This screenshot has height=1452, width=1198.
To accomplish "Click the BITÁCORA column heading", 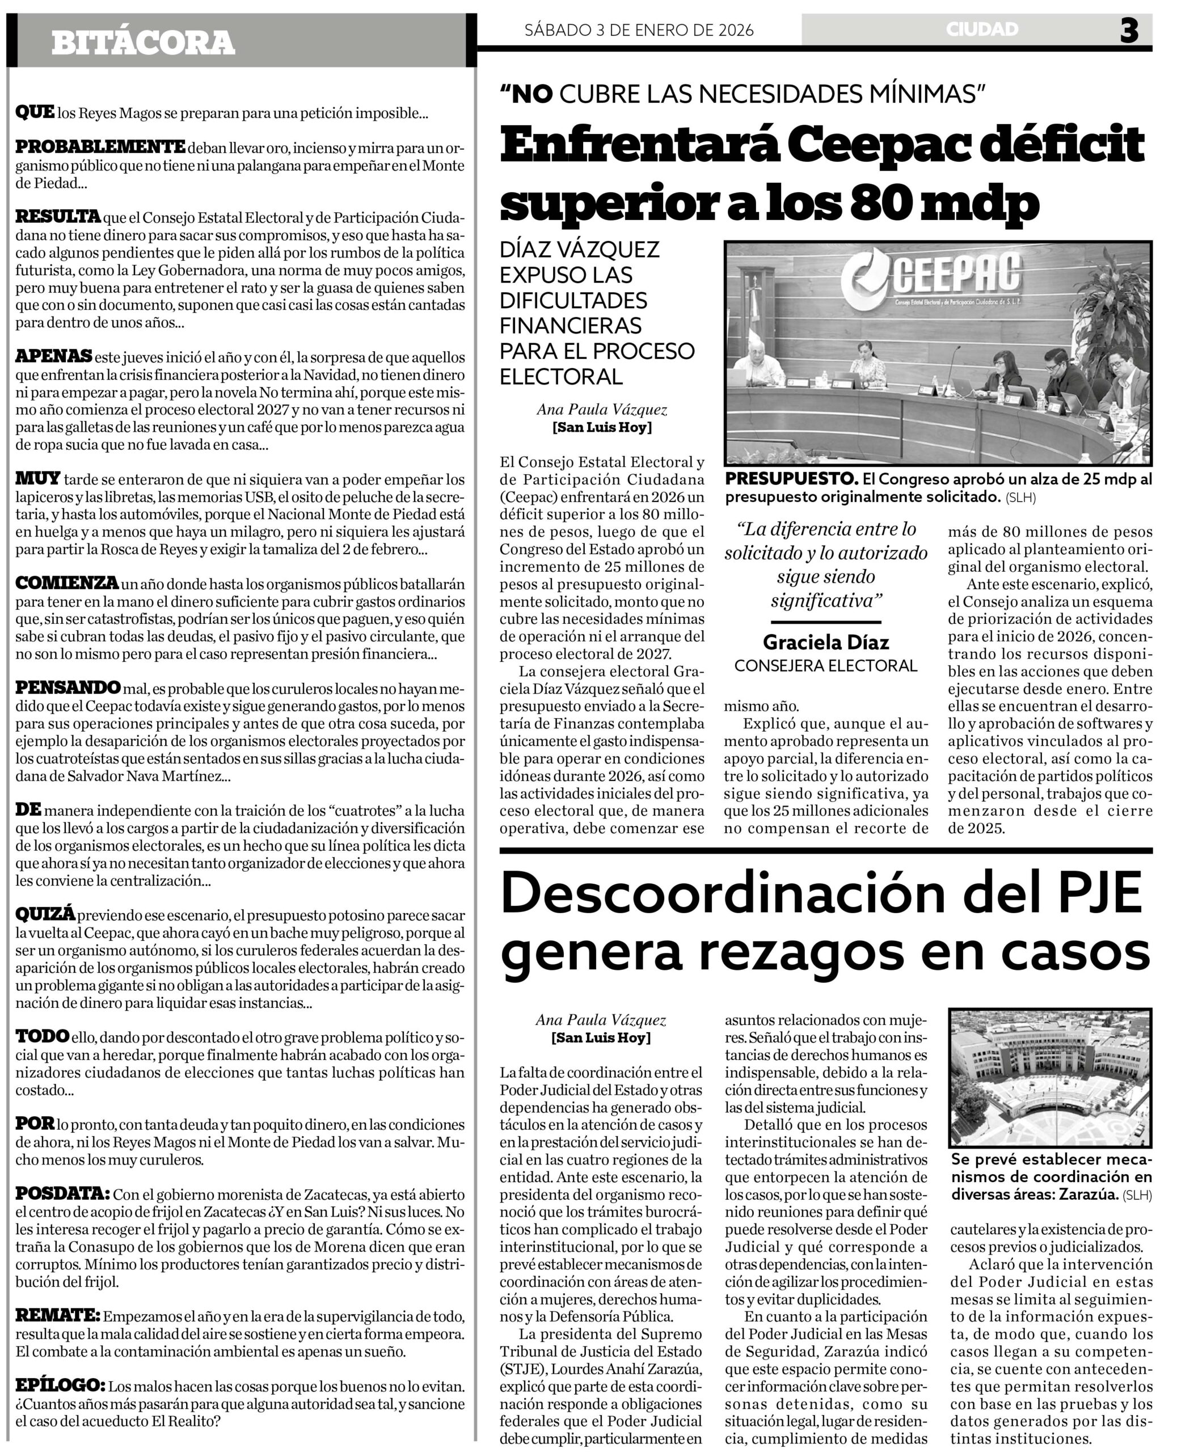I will (x=143, y=43).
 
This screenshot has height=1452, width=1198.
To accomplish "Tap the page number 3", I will (x=1129, y=31).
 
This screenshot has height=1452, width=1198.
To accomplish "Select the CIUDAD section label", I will (x=981, y=29).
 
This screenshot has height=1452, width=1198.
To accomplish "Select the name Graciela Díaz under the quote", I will (x=825, y=643).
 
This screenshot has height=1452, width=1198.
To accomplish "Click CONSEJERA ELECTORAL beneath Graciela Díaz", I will (x=825, y=666).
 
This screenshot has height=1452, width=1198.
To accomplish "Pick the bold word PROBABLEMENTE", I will (x=100, y=147).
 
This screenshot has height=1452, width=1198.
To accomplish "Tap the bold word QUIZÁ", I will (x=45, y=914).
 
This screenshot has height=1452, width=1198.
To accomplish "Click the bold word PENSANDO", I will (x=68, y=688).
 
